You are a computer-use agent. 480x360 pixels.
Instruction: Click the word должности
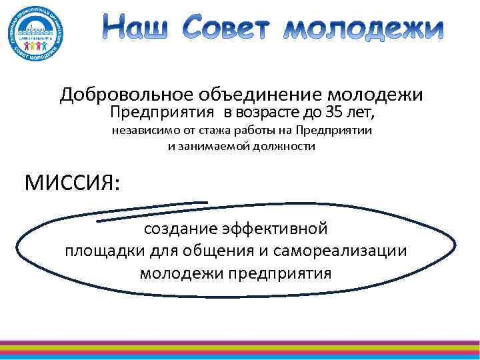pyautogui.click(x=283, y=146)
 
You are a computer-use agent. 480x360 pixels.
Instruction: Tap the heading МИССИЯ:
pyautogui.click(x=72, y=181)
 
